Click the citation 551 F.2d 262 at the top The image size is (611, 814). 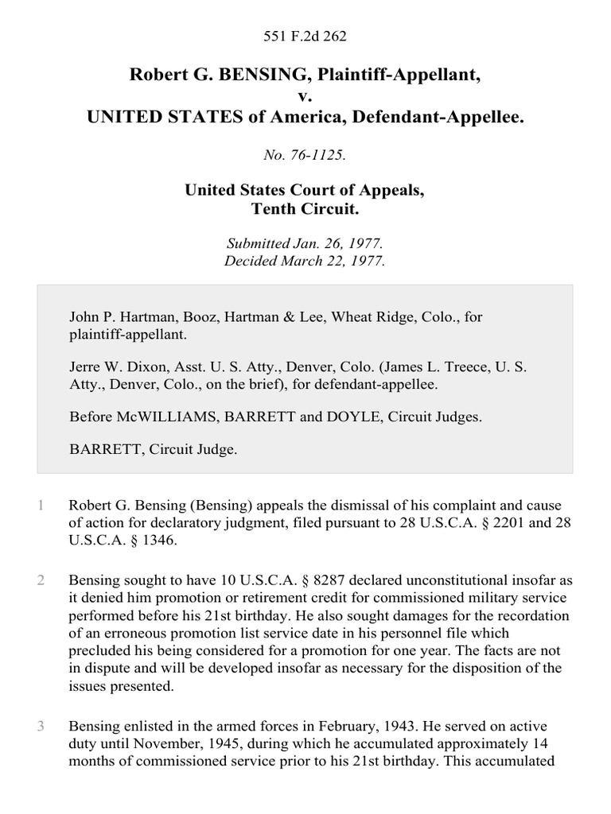pyautogui.click(x=305, y=36)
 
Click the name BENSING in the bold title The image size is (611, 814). pyautogui.click(x=235, y=76)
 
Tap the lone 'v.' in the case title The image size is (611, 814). pyautogui.click(x=305, y=96)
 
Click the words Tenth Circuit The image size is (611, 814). pyautogui.click(x=305, y=210)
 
